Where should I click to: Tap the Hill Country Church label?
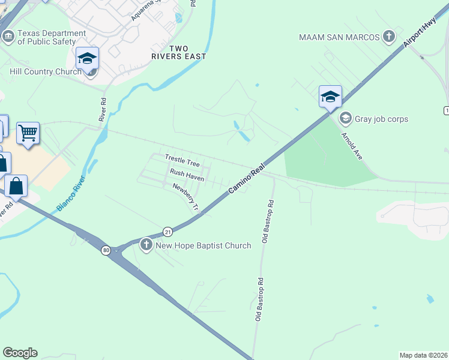coord(46,72)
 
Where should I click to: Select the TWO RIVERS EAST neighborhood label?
coord(179,52)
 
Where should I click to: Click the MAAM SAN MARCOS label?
coord(340,37)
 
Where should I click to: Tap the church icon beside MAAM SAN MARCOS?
coord(389,37)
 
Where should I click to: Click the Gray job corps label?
coord(381,119)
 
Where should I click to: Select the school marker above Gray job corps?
coord(330,96)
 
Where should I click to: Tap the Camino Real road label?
coord(246,179)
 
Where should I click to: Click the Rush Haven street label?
coord(187,175)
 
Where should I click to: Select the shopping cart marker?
coord(28,132)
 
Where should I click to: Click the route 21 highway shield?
coord(167,232)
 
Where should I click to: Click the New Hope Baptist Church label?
coord(203,245)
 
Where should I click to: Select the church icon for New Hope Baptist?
coord(146,244)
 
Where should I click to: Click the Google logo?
coord(20,353)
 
